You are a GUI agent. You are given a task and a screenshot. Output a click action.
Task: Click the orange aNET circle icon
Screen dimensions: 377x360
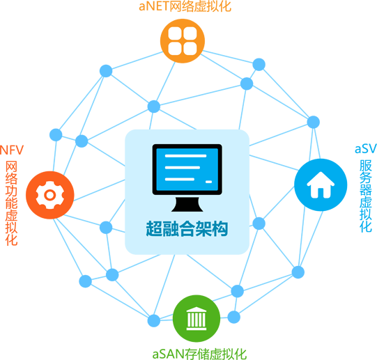[x=183, y=41]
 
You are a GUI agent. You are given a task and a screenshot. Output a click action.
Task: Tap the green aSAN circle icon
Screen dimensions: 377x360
[x=197, y=318]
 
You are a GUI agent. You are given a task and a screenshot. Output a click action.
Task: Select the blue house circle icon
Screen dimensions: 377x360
[x=321, y=185]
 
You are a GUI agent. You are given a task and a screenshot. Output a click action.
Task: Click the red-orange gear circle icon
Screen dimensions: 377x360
[x=50, y=195]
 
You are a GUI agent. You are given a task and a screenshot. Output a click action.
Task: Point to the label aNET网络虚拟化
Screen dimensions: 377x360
[x=185, y=6]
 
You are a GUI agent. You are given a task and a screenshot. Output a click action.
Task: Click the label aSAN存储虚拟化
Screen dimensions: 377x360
[x=199, y=354]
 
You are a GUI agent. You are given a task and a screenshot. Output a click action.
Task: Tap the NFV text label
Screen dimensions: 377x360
[x=12, y=150]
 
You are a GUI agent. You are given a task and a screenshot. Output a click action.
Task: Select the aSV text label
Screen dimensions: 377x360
[x=365, y=149]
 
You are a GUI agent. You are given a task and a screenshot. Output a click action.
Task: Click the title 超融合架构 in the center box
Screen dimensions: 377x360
[x=187, y=228]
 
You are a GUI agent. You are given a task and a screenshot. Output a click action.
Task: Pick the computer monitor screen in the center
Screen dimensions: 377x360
[x=187, y=169]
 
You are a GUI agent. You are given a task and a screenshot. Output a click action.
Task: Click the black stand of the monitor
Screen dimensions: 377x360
[x=187, y=205]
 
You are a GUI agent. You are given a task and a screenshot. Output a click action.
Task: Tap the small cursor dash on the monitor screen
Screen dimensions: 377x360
[x=208, y=182]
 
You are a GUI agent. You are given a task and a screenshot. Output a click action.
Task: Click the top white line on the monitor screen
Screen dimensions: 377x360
[x=185, y=156]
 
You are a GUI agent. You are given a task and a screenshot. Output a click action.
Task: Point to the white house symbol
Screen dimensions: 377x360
[x=321, y=185]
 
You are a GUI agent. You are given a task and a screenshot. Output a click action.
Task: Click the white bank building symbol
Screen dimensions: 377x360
[x=197, y=318]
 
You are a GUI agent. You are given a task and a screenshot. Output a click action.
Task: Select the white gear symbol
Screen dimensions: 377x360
[x=50, y=195]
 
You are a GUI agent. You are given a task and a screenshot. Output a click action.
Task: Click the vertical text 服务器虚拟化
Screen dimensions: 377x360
[x=366, y=196]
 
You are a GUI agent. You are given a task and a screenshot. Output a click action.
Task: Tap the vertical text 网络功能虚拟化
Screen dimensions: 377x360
[x=12, y=203]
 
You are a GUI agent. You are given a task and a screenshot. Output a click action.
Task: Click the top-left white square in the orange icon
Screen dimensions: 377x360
[x=175, y=33]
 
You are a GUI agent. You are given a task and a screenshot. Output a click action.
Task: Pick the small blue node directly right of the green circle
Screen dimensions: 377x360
[x=233, y=317]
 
